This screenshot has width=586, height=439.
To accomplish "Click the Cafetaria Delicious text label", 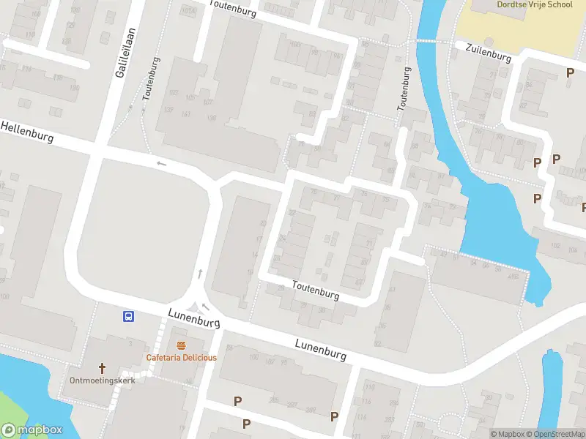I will tap(181, 357).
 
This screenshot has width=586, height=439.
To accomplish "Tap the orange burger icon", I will tap(181, 345).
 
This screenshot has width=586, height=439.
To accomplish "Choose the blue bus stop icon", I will tap(128, 317).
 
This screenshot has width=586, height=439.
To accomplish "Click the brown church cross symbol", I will tap(103, 367).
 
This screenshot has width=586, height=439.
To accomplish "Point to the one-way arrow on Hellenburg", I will tap(161, 162).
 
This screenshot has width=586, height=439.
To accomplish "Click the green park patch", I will tap(11, 410).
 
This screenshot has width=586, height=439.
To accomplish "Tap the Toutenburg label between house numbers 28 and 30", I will tap(316, 290).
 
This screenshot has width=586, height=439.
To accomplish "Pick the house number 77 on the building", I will tap(336, 198).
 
